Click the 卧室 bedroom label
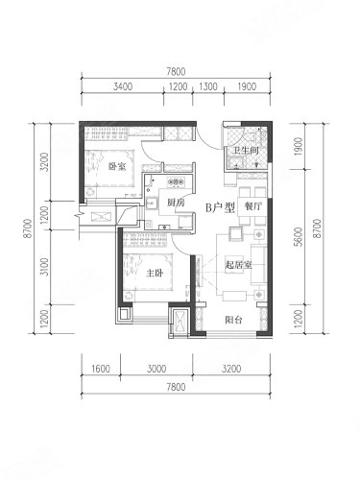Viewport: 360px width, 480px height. (117, 166)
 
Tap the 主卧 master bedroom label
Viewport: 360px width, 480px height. (155, 273)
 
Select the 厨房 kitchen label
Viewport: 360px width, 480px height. (176, 203)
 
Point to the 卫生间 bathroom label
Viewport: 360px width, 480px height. (246, 151)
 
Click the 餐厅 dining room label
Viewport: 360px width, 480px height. (252, 206)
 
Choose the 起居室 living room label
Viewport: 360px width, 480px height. (238, 265)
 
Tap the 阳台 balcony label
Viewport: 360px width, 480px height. (233, 320)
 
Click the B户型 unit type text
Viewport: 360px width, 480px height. (220, 208)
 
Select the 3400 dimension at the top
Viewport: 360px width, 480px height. (123, 86)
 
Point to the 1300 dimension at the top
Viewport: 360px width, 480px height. (208, 86)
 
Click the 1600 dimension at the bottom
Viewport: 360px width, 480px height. (101, 369)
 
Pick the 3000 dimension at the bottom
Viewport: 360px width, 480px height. (156, 369)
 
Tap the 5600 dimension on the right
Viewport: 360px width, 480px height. (299, 237)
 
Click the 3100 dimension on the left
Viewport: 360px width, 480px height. (45, 267)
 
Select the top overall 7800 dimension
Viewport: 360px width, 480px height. (176, 71)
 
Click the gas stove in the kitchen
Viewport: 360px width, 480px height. (176, 182)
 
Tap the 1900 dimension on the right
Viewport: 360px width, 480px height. (299, 147)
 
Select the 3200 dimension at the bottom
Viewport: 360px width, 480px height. (231, 369)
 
